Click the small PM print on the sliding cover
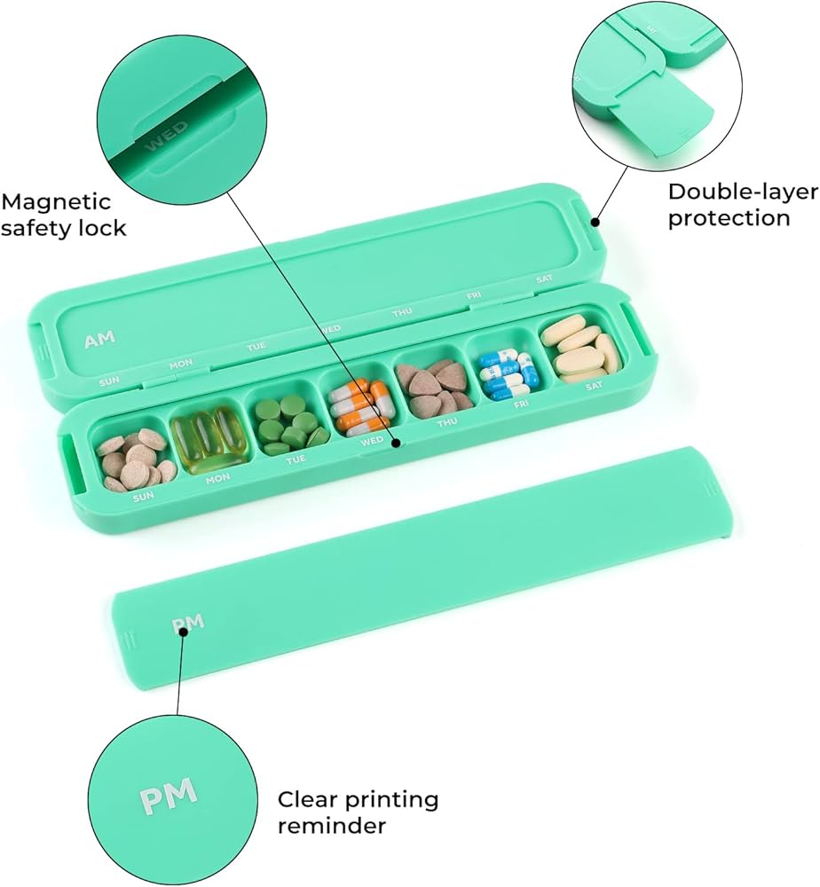click(188, 623)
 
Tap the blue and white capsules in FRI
click(508, 373)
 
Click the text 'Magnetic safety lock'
click(64, 216)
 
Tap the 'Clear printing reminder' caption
click(358, 812)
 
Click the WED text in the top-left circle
click(167, 135)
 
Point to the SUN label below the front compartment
click(143, 498)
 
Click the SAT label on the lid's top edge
click(544, 279)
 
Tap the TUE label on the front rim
click(296, 459)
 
